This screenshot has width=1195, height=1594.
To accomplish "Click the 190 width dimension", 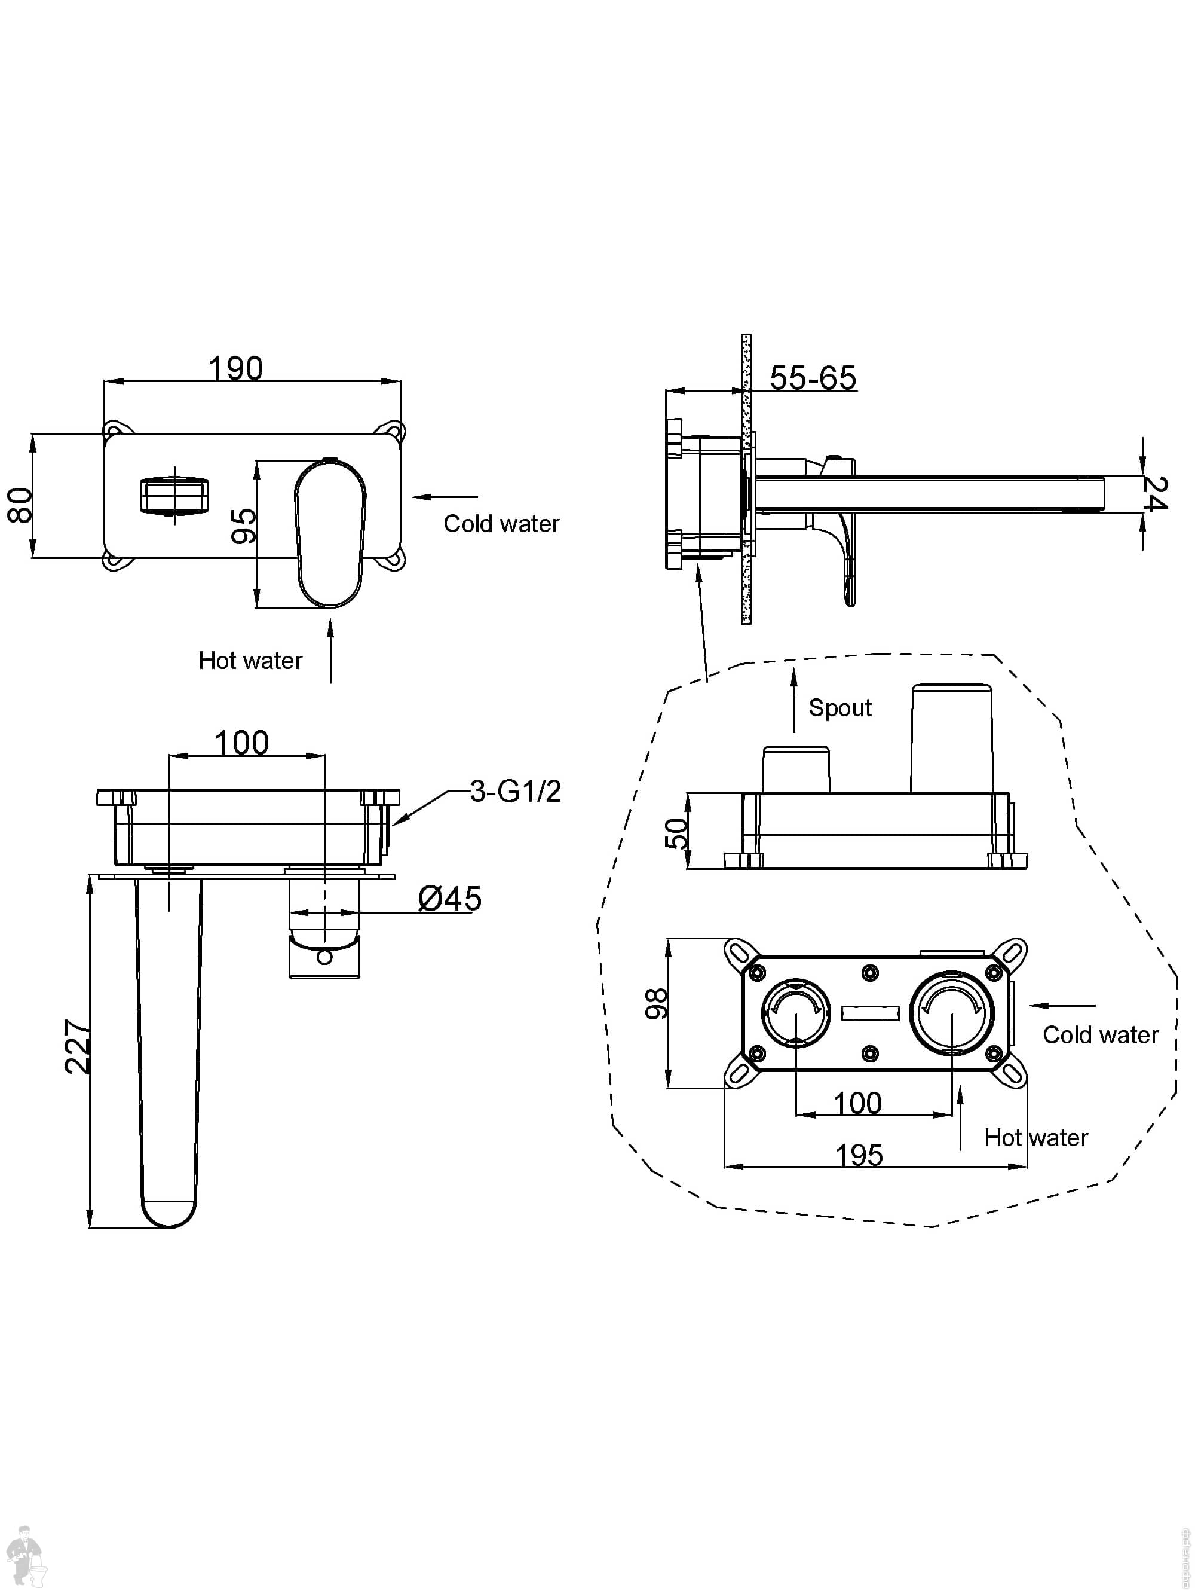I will coord(235,369).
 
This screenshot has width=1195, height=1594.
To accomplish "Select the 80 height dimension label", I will coord(21,505).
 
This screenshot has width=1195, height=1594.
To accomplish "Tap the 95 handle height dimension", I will coord(244,526).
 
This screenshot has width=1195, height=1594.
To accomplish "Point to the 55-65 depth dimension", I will coord(813,378).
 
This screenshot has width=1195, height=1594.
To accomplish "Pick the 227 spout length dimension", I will coord(77,1046).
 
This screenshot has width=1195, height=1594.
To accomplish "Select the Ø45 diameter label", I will coord(449,899).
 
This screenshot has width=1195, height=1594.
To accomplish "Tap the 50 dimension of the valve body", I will coord(676,833).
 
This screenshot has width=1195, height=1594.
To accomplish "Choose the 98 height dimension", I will coord(656,1004).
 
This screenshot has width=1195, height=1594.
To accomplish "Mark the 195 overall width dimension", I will coord(859,1155).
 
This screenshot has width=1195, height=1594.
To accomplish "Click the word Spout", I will coord(840,708).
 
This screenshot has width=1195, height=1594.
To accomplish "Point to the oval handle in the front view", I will coord(330,533).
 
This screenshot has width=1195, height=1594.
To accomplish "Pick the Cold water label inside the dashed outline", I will coord(1100,1035).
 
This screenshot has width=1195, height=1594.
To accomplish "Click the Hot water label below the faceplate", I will coord(250,660).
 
